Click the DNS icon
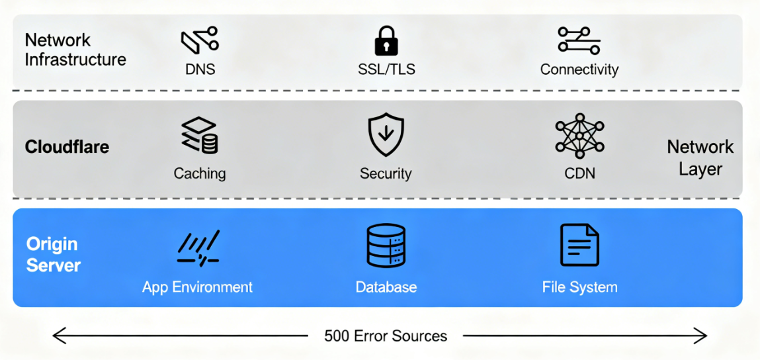pos(200,40)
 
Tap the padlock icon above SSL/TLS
pos(386,40)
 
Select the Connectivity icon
pos(579,40)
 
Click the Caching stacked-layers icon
pos(200,136)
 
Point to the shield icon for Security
pos(386,134)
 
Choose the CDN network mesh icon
pos(579,136)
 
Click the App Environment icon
pos(198,248)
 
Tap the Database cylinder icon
pos(386,246)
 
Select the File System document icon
pos(579,245)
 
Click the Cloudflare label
pos(67,147)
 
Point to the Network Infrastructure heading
pos(75,50)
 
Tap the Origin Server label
pos(53,255)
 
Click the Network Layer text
pos(700,157)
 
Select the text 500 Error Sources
pos(386,336)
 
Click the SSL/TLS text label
pos(386,69)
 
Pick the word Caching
pos(200,173)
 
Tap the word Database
pos(386,287)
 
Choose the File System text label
pos(579,287)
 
